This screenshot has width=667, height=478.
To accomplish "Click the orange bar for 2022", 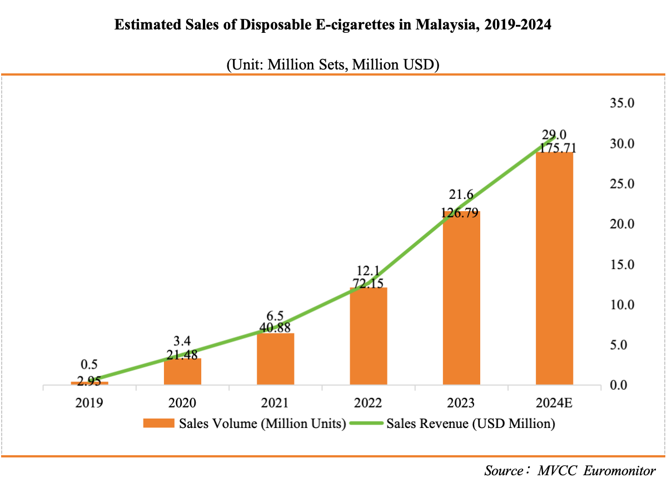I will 368,336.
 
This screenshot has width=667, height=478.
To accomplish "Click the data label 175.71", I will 554,148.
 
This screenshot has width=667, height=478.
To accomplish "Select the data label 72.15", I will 368,284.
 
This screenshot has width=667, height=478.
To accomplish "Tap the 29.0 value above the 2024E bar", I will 554,135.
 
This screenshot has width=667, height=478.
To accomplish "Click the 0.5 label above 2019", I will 89,365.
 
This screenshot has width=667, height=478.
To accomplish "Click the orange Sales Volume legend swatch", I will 158,424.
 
